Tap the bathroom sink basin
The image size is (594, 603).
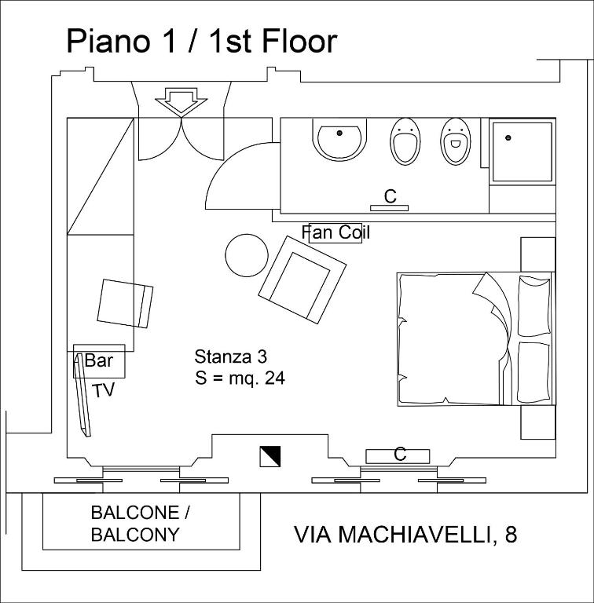coord(339,140)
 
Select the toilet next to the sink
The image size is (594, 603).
coord(405,141)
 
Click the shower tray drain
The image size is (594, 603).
coord(508,138)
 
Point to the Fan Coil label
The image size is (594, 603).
coord(335,232)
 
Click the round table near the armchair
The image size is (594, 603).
coord(247,255)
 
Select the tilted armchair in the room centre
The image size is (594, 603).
coord(302,280)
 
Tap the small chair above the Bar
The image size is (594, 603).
coord(126,303)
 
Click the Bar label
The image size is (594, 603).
coord(99,361)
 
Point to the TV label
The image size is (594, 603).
coord(103,390)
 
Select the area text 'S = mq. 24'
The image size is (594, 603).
coord(240,378)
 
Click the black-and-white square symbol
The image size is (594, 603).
coord(269,456)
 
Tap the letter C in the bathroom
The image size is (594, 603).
coord(390,196)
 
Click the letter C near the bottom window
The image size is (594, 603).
coord(399,455)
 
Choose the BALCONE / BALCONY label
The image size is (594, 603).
coord(140,524)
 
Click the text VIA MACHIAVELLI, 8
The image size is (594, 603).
coord(405,535)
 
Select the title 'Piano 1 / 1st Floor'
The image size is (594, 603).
coord(202,41)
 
